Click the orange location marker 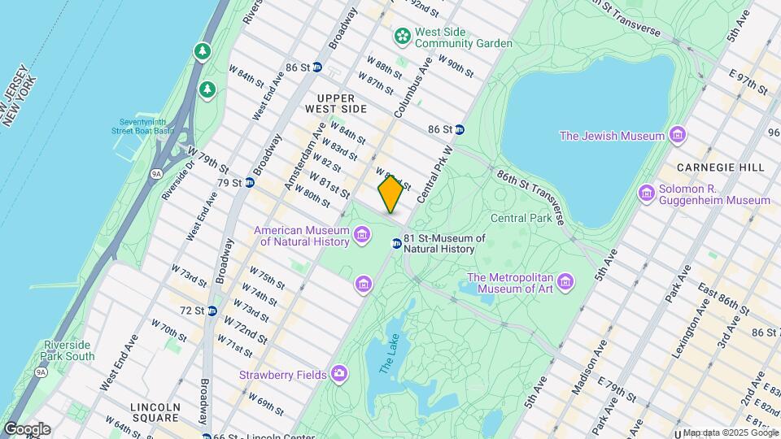pyautogui.click(x=390, y=194)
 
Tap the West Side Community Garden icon pyautogui.click(x=402, y=36)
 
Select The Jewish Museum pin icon pyautogui.click(x=677, y=135)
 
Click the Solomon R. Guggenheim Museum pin pyautogui.click(x=647, y=193)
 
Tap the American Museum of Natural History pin pyautogui.click(x=362, y=236)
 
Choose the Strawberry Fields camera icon pyautogui.click(x=338, y=374)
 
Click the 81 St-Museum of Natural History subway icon pyautogui.click(x=396, y=243)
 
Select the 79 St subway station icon pyautogui.click(x=250, y=183)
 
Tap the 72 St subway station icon pyautogui.click(x=212, y=311)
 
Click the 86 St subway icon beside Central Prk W pyautogui.click(x=460, y=129)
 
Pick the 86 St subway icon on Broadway pyautogui.click(x=317, y=67)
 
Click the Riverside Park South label pyautogui.click(x=69, y=350)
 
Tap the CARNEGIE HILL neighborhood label pyautogui.click(x=721, y=167)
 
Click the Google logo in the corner pyautogui.click(x=27, y=428)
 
